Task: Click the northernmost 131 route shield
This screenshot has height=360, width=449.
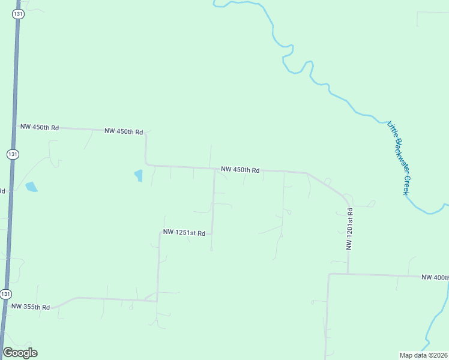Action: (19, 14)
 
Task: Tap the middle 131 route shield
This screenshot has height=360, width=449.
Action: (13, 154)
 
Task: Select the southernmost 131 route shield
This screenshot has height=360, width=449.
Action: (5, 294)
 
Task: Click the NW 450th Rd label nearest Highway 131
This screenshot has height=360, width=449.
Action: (40, 127)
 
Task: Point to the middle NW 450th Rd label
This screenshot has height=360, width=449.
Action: (124, 131)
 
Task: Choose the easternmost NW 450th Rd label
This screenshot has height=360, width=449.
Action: (240, 170)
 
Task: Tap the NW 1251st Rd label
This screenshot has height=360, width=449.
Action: (184, 233)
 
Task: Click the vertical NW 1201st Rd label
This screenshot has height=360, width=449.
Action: (349, 229)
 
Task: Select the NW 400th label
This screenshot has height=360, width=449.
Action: (435, 277)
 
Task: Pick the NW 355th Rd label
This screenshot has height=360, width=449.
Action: (30, 307)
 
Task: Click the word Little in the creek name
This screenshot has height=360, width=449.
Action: (392, 129)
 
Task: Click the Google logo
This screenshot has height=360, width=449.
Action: (20, 353)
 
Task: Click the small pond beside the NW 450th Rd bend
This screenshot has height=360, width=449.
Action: (139, 175)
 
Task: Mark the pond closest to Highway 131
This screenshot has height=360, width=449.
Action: (31, 187)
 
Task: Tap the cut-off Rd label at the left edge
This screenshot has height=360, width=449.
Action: (2, 191)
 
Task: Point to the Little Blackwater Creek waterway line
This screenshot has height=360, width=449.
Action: (329, 90)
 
